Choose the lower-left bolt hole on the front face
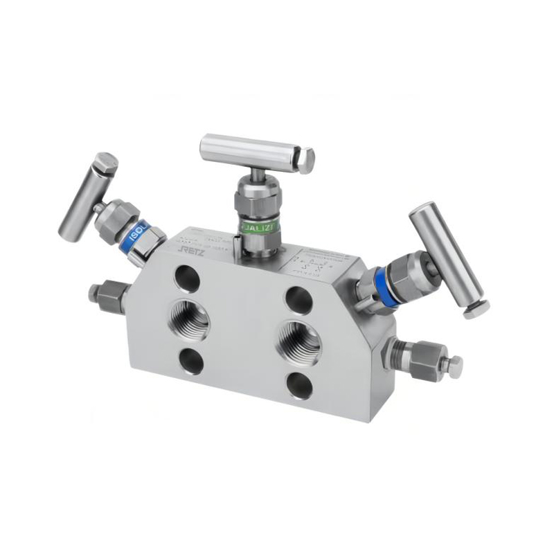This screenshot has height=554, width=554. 190,360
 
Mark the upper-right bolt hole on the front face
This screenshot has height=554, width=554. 298,298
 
